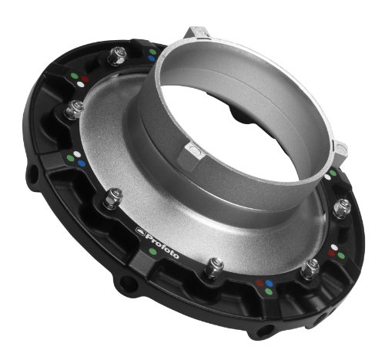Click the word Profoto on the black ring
coord(162,244)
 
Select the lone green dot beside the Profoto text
coord(153,251)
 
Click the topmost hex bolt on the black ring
coord(117,56)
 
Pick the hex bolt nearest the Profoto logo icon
coord(112,198)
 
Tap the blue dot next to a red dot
coord(269,283)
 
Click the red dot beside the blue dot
coord(260,283)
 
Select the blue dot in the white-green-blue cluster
coord(81,163)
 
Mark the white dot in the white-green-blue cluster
coord(77,154)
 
